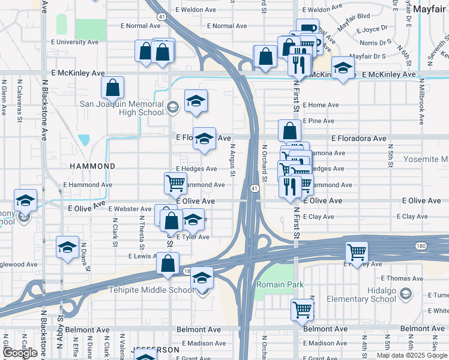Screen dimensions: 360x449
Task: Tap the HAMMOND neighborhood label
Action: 92,166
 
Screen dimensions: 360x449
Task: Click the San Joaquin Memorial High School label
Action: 122,108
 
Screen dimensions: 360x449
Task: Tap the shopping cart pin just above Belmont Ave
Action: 302,310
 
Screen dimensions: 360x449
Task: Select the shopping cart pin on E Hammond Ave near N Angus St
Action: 175,182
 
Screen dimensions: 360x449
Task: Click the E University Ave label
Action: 76,43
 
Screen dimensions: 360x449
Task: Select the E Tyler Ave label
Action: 193,237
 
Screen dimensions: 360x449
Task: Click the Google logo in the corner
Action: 20,353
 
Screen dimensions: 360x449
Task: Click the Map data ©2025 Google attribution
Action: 412,355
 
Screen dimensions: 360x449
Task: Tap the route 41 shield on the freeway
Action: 255,189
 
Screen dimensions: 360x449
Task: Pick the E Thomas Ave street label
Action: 406,278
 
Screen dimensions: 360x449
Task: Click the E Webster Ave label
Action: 130,208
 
